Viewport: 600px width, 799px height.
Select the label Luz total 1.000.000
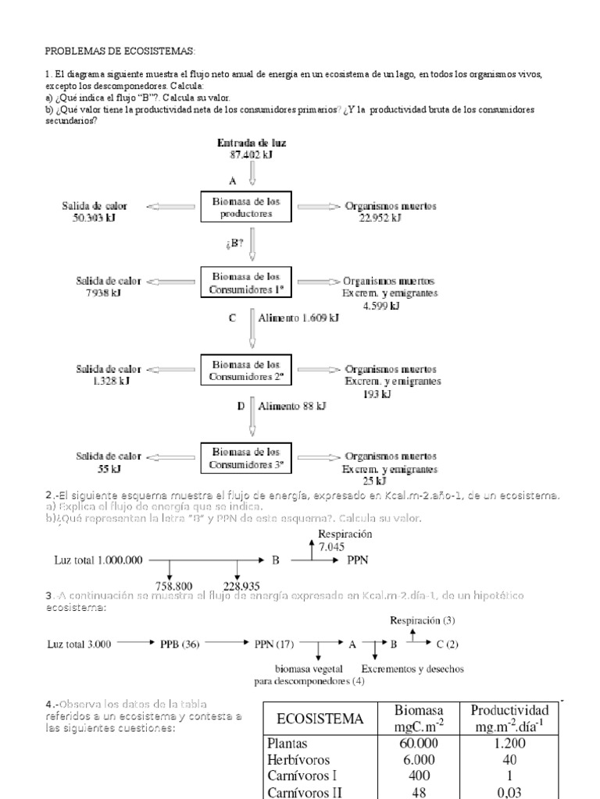pyautogui.click(x=97, y=559)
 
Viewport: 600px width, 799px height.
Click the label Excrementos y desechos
pyautogui.click(x=412, y=669)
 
